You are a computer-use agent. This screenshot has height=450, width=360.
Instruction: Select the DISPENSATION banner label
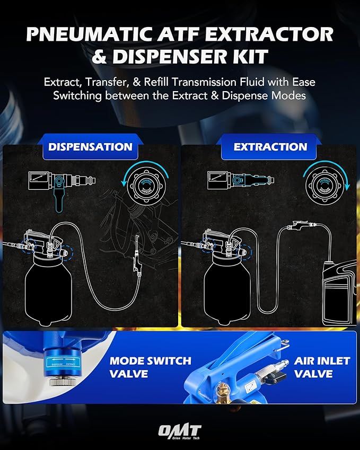90,147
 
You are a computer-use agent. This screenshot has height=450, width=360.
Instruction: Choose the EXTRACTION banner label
270,147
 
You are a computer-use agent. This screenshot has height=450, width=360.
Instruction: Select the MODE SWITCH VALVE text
150,367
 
